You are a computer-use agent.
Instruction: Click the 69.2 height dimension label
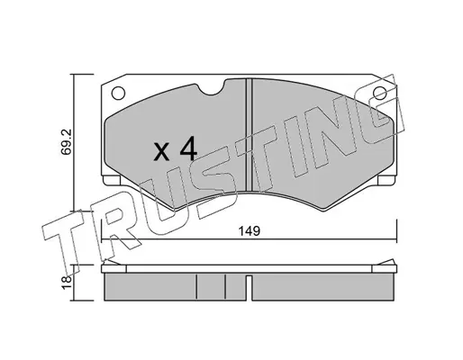tap(66, 141)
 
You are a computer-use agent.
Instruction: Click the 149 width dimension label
tap(249, 231)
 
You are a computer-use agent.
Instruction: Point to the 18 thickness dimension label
tap(67, 283)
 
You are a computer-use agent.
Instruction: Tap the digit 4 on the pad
tap(188, 148)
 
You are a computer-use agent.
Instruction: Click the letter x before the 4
tap(161, 152)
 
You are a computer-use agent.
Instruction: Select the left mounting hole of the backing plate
tap(118, 93)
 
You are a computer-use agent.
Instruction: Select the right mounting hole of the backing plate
tap(379, 93)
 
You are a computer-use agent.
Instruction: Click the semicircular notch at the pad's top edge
tap(212, 90)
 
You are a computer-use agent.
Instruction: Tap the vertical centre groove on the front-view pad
tap(249, 135)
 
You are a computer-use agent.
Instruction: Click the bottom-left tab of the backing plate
tap(112, 180)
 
